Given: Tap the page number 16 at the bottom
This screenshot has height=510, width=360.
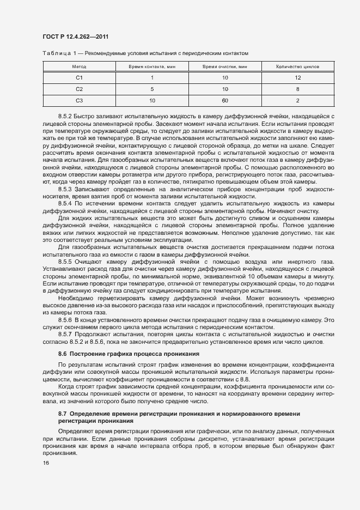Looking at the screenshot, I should pos(46,463).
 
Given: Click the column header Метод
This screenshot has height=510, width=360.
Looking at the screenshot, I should pos(79,66).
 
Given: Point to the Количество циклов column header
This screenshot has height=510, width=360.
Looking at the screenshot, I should pos(298,66).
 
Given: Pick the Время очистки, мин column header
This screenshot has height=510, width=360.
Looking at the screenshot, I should pos(225,66).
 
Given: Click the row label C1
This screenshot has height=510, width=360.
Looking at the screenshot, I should pos(79,78).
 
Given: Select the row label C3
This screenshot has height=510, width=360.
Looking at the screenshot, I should pos(79,101).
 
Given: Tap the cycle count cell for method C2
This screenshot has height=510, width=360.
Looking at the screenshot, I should pos(298,89).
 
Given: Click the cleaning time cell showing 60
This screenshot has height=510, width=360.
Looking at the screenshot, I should pos(225,101).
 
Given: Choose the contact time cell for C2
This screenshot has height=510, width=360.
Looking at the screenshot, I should pos(152,89).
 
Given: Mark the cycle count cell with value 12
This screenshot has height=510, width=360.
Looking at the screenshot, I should pos(298,78).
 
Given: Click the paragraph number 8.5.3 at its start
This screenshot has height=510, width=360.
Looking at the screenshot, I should pos(65,188).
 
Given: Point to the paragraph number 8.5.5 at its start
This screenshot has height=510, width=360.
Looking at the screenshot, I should pos(65,262).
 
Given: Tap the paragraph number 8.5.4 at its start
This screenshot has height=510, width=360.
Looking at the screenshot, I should pos(65,203).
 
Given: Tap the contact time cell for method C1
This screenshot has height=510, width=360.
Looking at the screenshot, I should pos(152,78).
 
